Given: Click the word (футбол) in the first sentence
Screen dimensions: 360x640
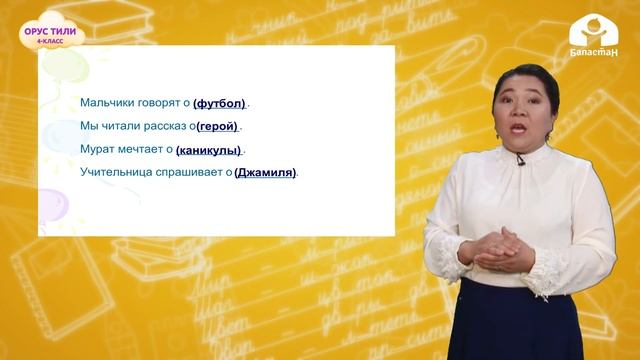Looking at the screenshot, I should coord(220,103).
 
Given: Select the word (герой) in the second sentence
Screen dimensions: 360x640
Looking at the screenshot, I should coord(218,126).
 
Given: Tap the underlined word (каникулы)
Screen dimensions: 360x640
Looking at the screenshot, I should coord(208,149).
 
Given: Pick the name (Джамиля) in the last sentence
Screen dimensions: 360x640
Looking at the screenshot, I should coord(265,172).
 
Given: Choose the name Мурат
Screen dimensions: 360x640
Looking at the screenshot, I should coord(97,149).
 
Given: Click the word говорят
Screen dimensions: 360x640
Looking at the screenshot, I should coord(158,103).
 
